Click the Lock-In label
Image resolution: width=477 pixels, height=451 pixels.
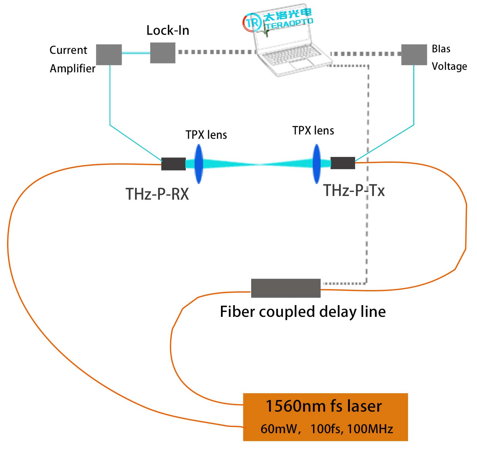tap(168, 30)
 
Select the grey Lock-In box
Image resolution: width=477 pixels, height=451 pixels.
tap(162, 53)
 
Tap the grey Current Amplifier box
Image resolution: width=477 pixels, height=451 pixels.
tap(109, 54)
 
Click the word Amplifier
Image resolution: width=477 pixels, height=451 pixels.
tap(73, 68)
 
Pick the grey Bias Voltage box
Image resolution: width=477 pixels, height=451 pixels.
tap(414, 55)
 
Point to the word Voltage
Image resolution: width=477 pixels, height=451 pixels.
tap(449, 66)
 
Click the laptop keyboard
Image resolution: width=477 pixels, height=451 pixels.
tap(291, 56)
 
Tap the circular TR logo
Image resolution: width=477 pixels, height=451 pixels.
tap(252, 22)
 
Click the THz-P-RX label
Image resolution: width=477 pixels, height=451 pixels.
tap(157, 194)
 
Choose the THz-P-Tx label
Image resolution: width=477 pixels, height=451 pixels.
tap(354, 190)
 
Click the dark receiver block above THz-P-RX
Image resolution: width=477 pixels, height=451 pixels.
tap(174, 164)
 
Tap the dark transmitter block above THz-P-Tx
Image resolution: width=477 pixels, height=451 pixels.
tap(343, 163)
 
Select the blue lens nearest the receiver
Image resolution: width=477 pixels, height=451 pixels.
tap(199, 164)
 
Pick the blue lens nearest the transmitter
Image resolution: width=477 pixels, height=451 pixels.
tap(316, 164)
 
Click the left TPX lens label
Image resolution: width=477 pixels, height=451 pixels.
tap(206, 135)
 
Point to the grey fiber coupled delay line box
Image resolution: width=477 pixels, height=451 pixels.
tap(286, 288)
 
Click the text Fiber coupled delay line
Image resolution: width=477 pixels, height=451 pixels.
tap(303, 312)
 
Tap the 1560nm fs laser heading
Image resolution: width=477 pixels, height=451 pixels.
tap(323, 406)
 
